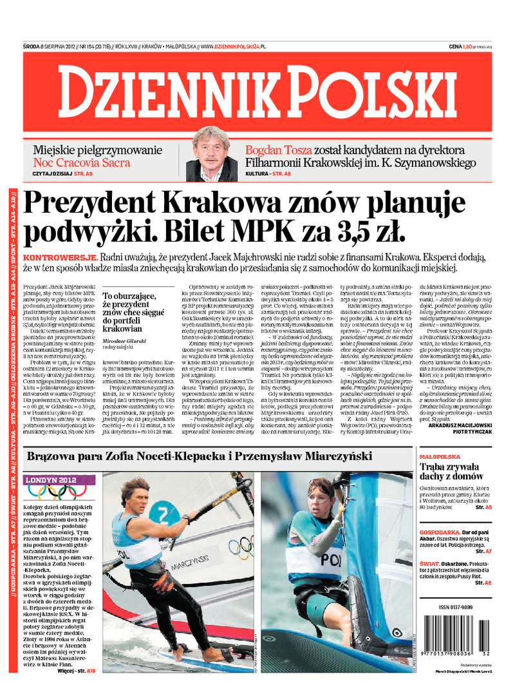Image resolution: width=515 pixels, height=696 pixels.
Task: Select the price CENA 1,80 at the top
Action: pos(464,46)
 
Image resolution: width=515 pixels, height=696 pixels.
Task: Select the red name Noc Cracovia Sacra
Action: pos(82,162)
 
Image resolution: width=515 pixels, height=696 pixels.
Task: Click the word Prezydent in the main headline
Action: pos(88,204)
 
